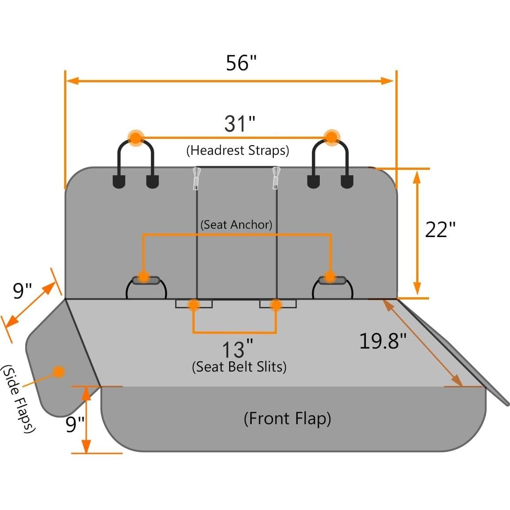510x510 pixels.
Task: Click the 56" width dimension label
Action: (241, 63)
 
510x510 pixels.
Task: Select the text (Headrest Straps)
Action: (238, 150)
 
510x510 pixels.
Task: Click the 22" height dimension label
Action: (440, 230)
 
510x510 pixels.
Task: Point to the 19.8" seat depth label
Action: (382, 341)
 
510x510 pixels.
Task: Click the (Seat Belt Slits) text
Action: (239, 367)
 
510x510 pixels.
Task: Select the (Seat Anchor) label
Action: (236, 225)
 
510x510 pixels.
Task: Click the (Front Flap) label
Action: (287, 418)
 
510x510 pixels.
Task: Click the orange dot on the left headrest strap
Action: (136, 138)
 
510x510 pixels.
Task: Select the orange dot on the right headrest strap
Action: (331, 137)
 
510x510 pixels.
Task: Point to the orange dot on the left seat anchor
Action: (143, 277)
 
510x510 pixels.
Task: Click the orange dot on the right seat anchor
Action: (330, 277)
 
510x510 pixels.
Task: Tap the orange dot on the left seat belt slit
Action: (193, 304)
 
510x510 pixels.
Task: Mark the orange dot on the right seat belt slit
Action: (276, 304)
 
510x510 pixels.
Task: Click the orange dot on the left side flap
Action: (58, 372)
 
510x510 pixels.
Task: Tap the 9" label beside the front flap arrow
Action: (75, 424)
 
